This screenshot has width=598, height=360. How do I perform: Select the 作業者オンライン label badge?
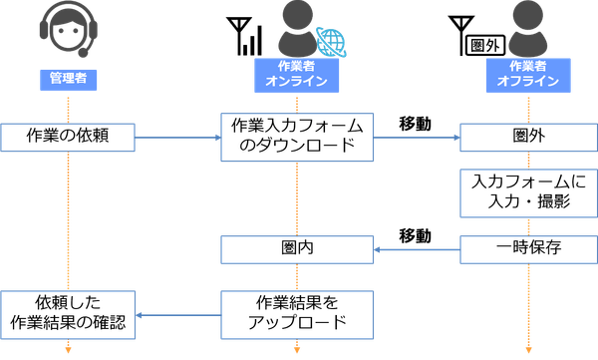click(x=297, y=75)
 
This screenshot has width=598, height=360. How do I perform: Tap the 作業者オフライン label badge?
click(x=524, y=75)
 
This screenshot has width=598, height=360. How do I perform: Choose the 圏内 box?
click(x=297, y=247)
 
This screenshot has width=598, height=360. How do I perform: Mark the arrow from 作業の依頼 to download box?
click(x=177, y=138)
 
